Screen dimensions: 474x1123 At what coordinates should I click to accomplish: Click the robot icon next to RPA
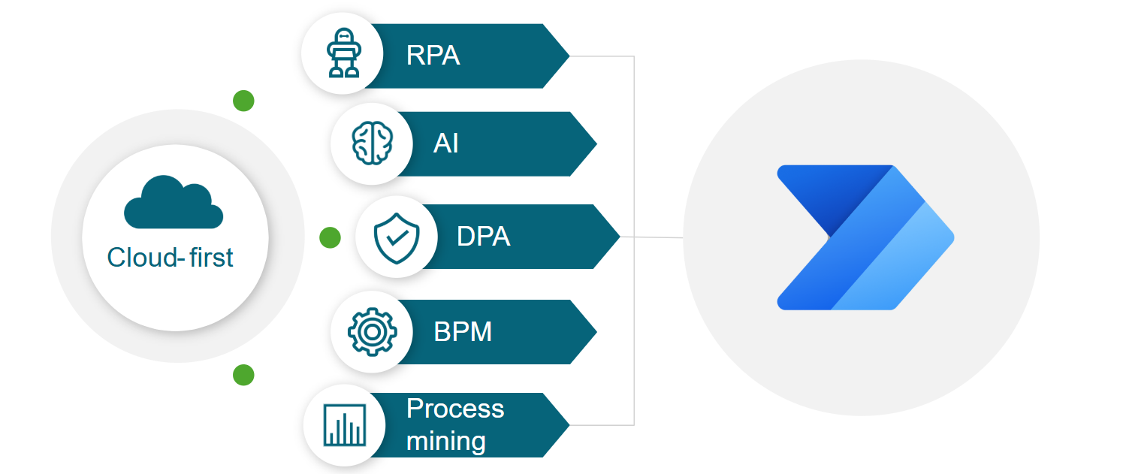(343, 54)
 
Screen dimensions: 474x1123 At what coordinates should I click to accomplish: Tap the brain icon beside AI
(372, 143)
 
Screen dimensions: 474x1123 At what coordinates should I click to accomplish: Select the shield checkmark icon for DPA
(396, 237)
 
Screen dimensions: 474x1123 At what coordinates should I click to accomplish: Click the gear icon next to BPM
(372, 331)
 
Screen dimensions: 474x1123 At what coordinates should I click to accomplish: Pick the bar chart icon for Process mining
(344, 424)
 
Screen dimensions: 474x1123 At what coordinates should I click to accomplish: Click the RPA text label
(433, 56)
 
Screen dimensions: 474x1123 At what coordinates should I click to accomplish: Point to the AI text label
(445, 143)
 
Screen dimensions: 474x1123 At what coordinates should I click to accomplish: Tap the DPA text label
(483, 237)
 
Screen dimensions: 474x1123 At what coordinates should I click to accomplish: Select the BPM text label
(463, 331)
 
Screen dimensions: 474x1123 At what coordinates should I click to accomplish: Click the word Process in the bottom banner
(454, 409)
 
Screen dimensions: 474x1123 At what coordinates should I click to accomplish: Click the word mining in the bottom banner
(445, 441)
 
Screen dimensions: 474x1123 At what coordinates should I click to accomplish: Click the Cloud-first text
(171, 258)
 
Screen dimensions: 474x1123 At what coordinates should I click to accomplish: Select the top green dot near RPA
(243, 101)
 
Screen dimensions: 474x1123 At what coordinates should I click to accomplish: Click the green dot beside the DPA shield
(330, 237)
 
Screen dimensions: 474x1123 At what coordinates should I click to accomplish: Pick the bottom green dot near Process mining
(243, 375)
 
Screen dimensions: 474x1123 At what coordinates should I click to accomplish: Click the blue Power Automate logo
(864, 237)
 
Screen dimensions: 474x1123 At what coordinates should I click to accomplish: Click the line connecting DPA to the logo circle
(652, 237)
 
